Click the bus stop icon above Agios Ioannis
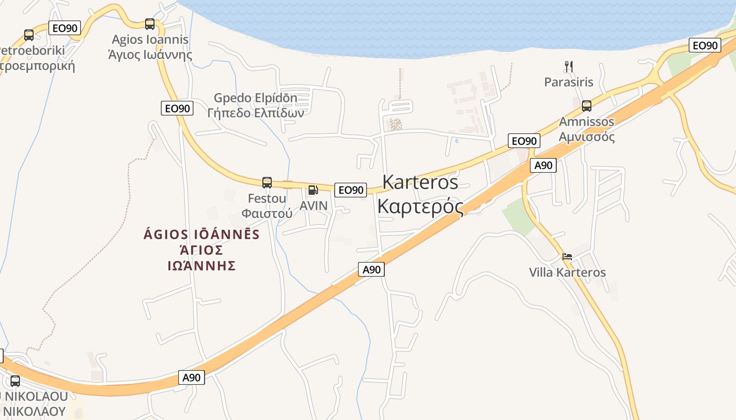[x=150, y=24]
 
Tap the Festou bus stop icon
[x=267, y=183]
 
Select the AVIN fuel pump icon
[x=313, y=190]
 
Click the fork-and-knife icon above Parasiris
[x=568, y=66]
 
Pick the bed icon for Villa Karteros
[x=567, y=257]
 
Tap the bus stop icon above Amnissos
[x=587, y=106]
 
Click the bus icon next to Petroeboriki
[x=29, y=35]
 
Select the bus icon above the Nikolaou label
[x=15, y=381]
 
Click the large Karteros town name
[x=420, y=182]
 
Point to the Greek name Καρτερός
[x=420, y=206]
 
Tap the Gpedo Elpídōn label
[x=255, y=98]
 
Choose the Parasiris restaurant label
[x=568, y=82]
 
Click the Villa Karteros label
[x=567, y=272]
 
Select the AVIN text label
[x=313, y=205]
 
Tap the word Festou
[x=267, y=198]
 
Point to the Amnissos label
[x=586, y=122]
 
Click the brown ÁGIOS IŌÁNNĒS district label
[x=201, y=234]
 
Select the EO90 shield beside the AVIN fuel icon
[x=350, y=190]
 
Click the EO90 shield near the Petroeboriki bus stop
[x=65, y=28]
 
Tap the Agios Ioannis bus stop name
[x=150, y=39]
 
